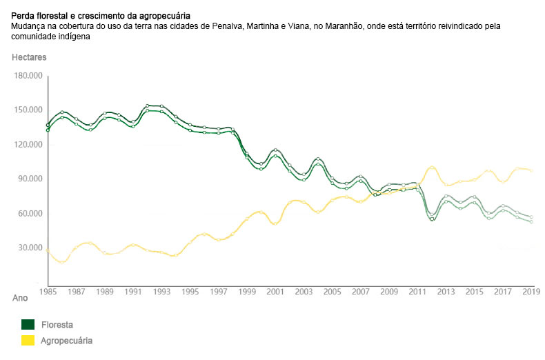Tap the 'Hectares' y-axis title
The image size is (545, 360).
(x=28, y=57)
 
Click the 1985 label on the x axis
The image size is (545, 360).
(x=48, y=292)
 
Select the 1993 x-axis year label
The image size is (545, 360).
(x=162, y=292)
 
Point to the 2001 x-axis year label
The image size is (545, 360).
(x=276, y=292)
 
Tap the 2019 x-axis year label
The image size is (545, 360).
(x=531, y=292)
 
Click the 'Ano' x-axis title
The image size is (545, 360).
(x=20, y=299)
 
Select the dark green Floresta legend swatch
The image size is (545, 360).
(x=28, y=325)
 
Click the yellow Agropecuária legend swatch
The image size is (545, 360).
(x=28, y=341)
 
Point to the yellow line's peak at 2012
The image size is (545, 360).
(x=432, y=167)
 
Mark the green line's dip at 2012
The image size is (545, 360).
(x=432, y=218)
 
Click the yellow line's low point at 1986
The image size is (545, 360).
(x=62, y=262)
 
